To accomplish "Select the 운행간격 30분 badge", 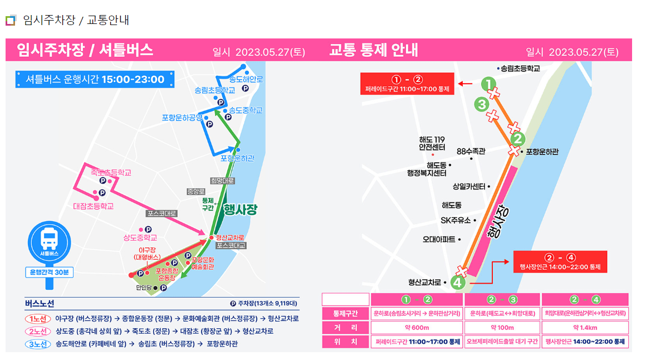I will click(x=50, y=273).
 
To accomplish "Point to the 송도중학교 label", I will click(x=246, y=110).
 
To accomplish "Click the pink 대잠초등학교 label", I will click(x=93, y=206).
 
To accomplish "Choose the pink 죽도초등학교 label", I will click(x=111, y=173).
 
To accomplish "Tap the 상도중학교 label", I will click(x=140, y=237).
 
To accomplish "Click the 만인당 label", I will click(x=143, y=288).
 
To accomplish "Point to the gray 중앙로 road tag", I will click(x=195, y=191).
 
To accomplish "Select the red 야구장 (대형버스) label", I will click(x=147, y=254).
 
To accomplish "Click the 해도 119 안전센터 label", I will click(x=432, y=143).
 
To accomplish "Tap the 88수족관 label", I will click(x=471, y=151).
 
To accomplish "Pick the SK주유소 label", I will click(x=456, y=220).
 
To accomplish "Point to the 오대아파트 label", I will click(x=438, y=240).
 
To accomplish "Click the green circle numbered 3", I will click(x=482, y=104).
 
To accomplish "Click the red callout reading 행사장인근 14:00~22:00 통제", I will click(x=560, y=262).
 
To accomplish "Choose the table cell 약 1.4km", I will click(x=585, y=327).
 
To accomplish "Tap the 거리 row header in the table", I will click(x=346, y=327).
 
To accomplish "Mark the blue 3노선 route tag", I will click(x=38, y=344).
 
